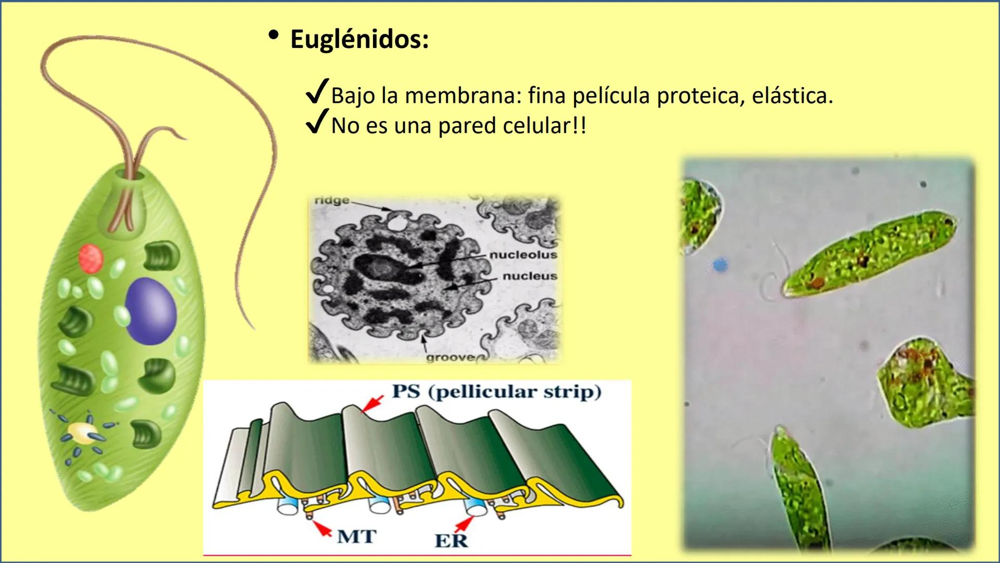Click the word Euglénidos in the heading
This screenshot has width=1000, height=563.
coord(359,40)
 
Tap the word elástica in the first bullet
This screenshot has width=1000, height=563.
coord(792,96)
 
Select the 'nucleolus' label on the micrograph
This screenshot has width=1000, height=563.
coord(523,255)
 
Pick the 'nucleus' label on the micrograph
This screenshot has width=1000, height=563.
coord(530,276)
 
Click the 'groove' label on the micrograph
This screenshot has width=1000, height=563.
coord(450,358)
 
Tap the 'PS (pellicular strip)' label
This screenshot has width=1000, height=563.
coord(496,391)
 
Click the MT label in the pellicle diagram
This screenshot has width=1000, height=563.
coord(356,536)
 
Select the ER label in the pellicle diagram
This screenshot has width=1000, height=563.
coord(451,541)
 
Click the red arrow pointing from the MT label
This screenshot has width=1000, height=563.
coord(322,528)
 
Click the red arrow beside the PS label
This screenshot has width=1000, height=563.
coord(372,404)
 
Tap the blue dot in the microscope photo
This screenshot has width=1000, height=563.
coord(719,265)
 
